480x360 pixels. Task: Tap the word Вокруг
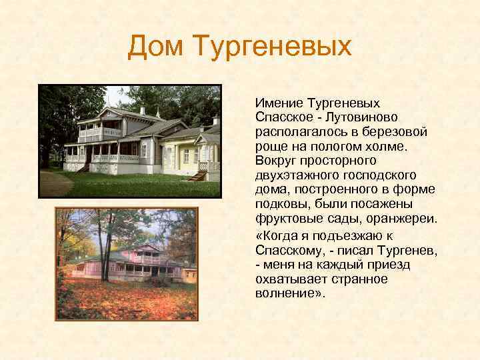[275, 161]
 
